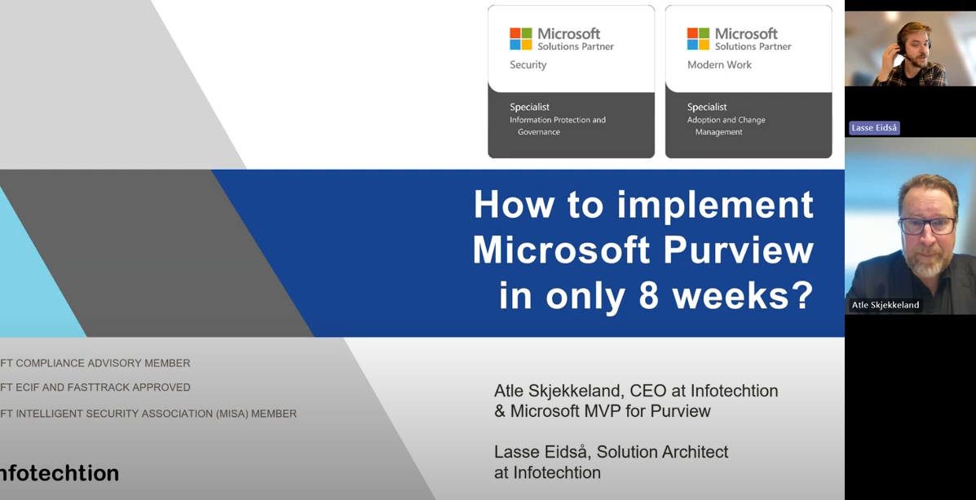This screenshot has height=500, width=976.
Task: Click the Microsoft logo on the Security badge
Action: click(521, 38)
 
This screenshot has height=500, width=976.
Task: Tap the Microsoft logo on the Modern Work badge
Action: click(698, 38)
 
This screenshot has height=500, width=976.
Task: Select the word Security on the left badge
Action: click(528, 65)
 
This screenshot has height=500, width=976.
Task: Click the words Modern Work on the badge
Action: click(719, 65)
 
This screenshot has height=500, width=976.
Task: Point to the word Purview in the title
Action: click(739, 250)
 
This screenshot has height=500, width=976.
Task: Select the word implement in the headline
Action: click(715, 204)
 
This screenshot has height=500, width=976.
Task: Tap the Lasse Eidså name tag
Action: click(874, 128)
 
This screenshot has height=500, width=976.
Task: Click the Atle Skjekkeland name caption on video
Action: click(885, 305)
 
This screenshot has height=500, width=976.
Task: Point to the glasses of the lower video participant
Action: click(929, 224)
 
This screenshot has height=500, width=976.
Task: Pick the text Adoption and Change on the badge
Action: click(726, 120)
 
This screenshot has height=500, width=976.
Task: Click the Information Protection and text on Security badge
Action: click(558, 120)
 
